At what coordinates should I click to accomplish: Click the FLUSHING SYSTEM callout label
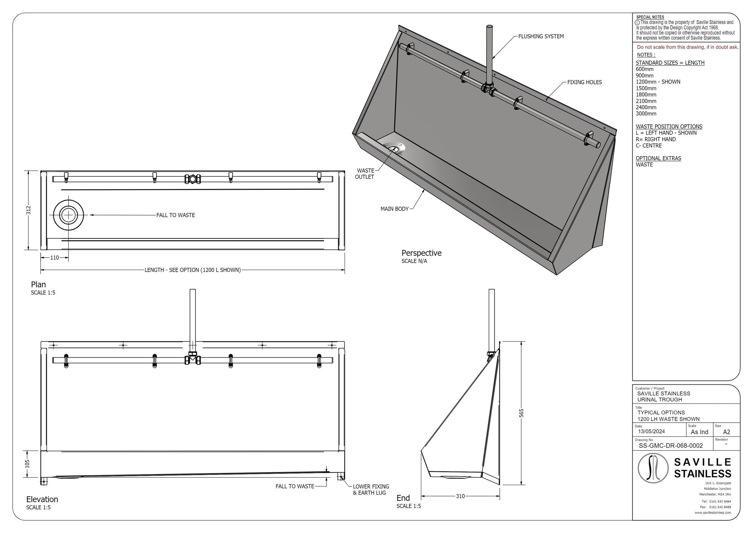[x=541, y=36]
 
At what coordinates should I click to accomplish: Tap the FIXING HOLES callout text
[x=584, y=82]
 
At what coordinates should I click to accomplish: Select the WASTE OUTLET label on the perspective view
[x=365, y=174]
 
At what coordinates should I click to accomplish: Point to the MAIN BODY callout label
[x=394, y=209]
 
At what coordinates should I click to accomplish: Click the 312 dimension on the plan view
[x=29, y=210]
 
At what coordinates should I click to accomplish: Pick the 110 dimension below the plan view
[x=55, y=258]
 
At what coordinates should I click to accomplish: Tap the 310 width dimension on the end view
[x=460, y=496]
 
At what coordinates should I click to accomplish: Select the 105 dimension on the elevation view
[x=28, y=463]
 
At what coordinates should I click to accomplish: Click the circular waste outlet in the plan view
[x=69, y=215]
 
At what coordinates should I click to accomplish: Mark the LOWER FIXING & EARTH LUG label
[x=371, y=489]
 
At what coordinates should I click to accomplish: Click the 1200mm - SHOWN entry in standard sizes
[x=658, y=82]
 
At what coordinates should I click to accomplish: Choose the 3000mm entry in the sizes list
[x=646, y=114]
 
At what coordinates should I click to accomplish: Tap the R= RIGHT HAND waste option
[x=655, y=139]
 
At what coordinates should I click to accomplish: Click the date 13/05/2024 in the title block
[x=651, y=431]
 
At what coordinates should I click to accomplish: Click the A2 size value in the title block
[x=726, y=432]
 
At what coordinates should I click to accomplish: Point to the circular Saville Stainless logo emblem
[x=653, y=468]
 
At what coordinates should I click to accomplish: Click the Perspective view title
[x=421, y=253]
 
